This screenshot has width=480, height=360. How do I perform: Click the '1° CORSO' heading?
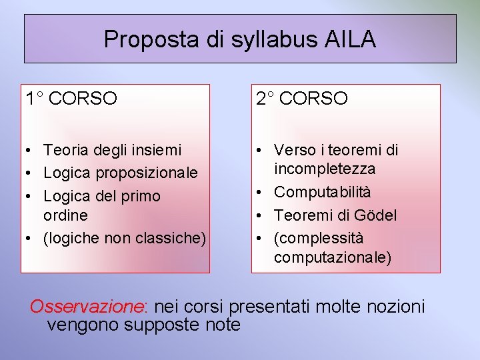coord(71,99)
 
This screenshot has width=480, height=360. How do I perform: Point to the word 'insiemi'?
coord(158,151)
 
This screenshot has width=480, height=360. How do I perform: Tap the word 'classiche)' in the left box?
coord(173,238)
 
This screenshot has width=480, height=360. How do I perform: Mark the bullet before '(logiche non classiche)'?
coord(31,239)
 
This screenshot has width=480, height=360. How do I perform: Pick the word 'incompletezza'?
coord(325,169)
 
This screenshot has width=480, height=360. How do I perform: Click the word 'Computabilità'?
coord(323,192)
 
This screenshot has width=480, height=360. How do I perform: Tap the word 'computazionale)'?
coord(333,257)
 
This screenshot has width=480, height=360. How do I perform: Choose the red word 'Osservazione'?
coord(87,307)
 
